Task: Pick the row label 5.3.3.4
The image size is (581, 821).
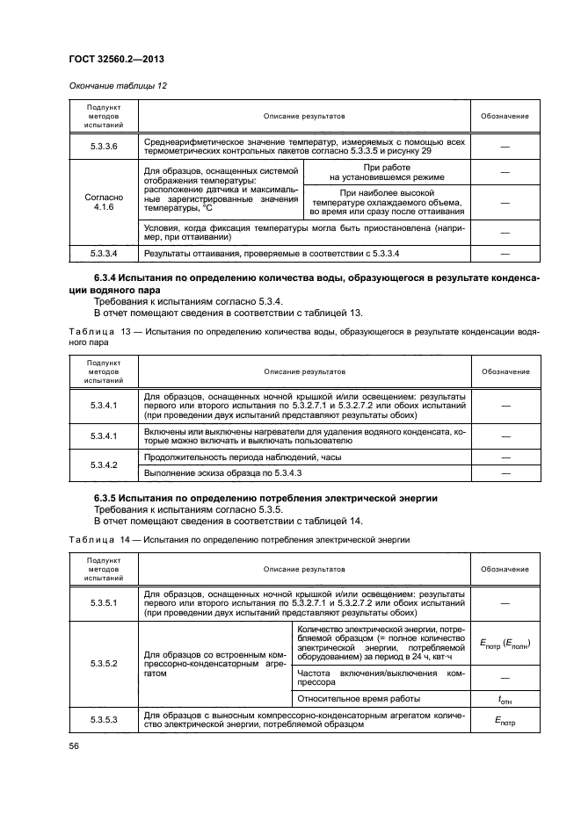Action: [104, 254]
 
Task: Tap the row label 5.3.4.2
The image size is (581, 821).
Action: [104, 465]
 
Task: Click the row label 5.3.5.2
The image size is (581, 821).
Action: [104, 663]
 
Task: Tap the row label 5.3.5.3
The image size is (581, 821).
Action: [104, 719]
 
